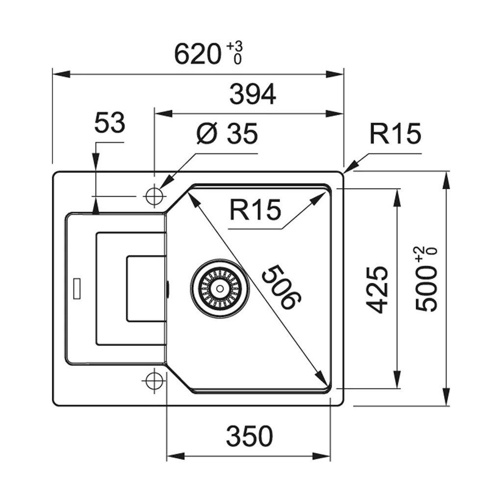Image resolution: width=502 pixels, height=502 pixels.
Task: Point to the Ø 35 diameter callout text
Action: pyautogui.click(x=227, y=133)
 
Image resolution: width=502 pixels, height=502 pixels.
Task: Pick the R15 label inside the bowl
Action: pyautogui.click(x=255, y=211)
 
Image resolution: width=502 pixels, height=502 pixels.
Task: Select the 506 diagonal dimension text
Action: pyautogui.click(x=280, y=287)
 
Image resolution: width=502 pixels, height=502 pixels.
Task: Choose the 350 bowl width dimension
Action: pyautogui.click(x=249, y=436)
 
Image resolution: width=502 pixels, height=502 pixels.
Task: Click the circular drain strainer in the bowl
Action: pyautogui.click(x=220, y=288)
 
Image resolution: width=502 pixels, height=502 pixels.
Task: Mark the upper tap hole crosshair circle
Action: pyautogui.click(x=154, y=196)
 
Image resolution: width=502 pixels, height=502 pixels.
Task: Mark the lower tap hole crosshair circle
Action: pyautogui.click(x=154, y=380)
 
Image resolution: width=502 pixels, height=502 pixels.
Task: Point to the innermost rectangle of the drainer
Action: pyautogui.click(x=146, y=289)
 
